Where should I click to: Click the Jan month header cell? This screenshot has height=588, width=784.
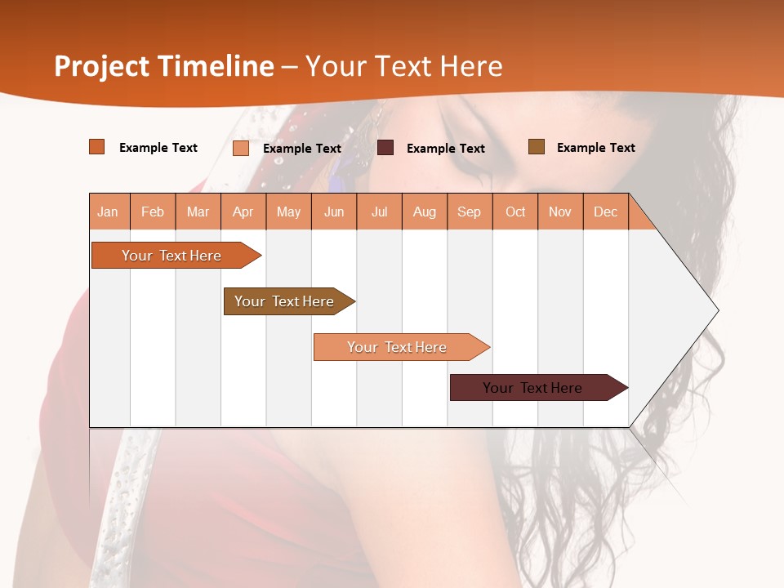(x=109, y=212)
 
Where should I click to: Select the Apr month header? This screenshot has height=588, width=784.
(x=243, y=212)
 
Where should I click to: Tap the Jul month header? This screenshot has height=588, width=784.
(x=379, y=212)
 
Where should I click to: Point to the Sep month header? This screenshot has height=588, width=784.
(x=470, y=212)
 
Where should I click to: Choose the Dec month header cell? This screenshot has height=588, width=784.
(x=605, y=212)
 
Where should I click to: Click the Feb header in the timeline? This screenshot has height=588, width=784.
(x=153, y=212)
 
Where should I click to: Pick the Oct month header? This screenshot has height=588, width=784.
(x=515, y=212)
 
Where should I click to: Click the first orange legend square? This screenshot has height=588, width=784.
(x=97, y=147)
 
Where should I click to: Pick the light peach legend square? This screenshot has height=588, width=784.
(x=241, y=148)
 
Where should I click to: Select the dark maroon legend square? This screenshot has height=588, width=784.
(x=385, y=148)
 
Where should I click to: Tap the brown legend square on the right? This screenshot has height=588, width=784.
(x=537, y=147)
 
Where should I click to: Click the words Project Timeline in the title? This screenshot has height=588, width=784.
(x=163, y=66)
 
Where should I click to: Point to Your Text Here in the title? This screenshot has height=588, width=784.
(x=404, y=66)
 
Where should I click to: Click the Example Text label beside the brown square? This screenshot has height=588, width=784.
(x=595, y=148)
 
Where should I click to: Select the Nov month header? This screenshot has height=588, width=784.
(x=560, y=212)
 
